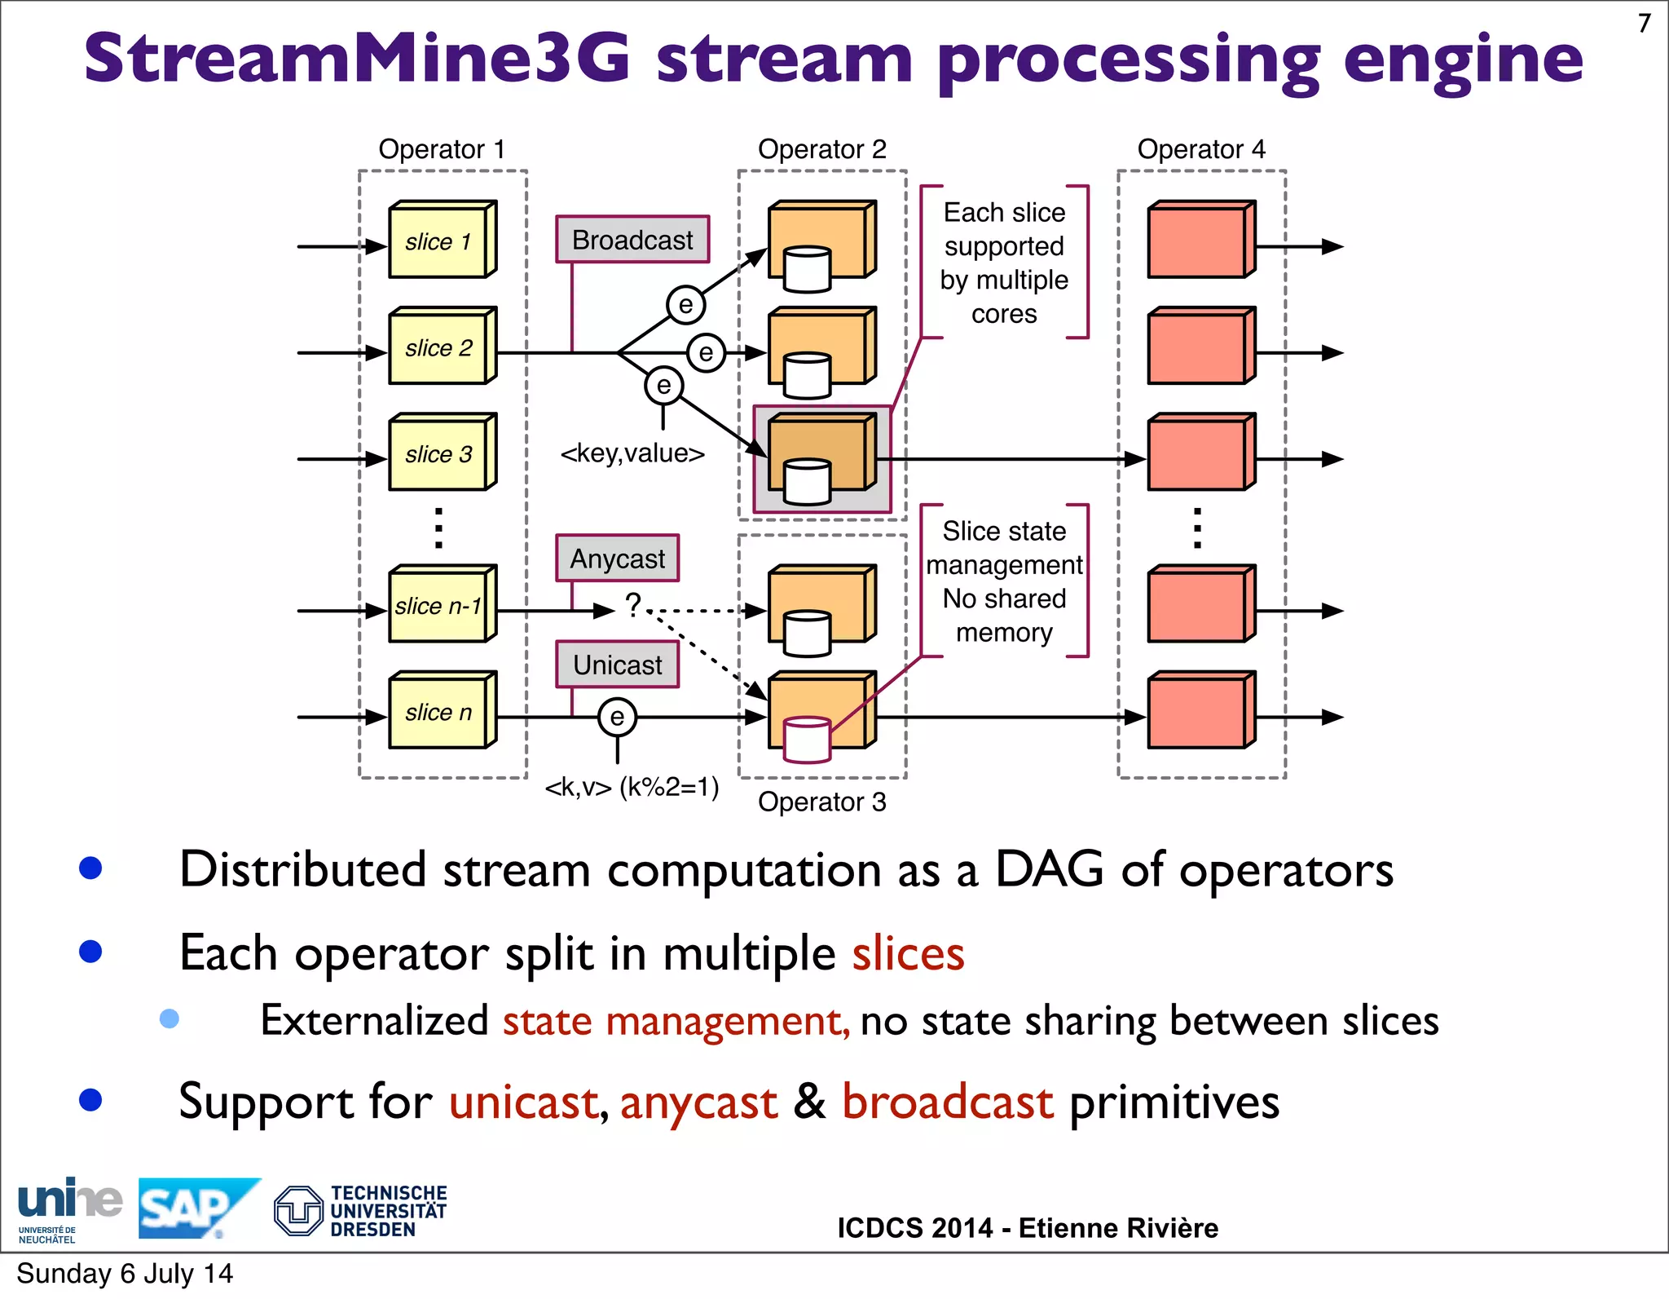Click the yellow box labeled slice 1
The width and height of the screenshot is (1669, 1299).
pos(441,241)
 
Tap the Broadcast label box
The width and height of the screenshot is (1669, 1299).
pos(632,240)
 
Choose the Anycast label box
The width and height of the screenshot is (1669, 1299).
pos(617,559)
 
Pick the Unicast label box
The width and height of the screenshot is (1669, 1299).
pos(617,665)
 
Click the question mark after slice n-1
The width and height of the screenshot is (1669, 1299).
pos(632,605)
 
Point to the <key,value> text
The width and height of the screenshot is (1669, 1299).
pos(632,453)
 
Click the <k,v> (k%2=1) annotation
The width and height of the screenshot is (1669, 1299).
pos(632,787)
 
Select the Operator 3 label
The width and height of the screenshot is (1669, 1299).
pos(821,802)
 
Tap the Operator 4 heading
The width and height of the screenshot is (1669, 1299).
pos(1200,149)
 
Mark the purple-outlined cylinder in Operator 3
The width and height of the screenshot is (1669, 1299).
pos(807,740)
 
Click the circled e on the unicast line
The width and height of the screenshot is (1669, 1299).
pos(617,717)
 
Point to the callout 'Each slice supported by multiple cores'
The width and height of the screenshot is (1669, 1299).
pos(1004,263)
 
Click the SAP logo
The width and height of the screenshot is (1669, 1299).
pos(196,1208)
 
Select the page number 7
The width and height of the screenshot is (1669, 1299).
pos(1644,24)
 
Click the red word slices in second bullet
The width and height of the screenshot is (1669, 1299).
pos(908,953)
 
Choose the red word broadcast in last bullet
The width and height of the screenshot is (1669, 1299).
pos(948,1102)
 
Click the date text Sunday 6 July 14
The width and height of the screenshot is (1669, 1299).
pos(125,1274)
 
